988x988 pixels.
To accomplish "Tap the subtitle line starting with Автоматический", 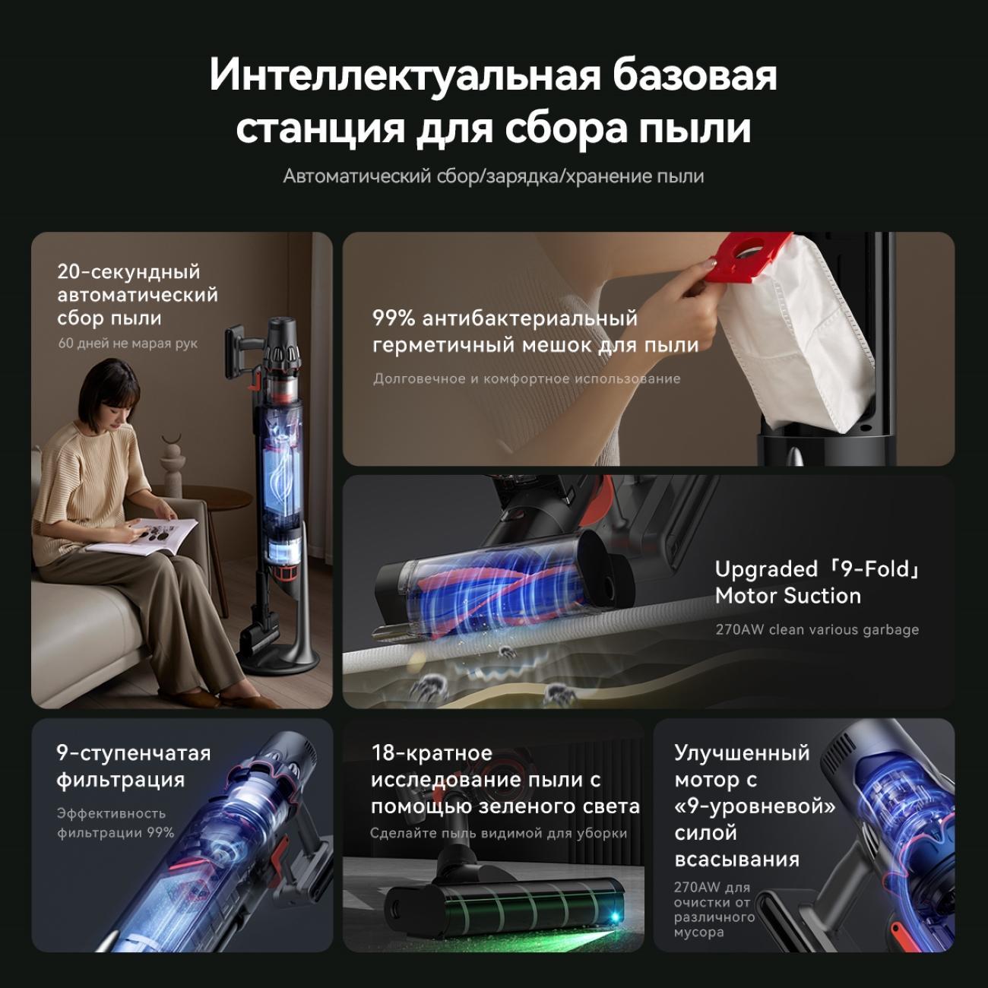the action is (493, 176).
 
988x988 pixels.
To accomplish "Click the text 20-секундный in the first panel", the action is (128, 272).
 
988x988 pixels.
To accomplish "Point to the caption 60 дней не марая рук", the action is (128, 344).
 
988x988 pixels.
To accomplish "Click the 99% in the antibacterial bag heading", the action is (393, 318).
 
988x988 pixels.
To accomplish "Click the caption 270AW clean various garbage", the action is (817, 629).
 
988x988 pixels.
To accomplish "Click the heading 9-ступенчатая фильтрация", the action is (133, 767).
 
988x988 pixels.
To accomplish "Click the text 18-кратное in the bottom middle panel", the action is (432, 753).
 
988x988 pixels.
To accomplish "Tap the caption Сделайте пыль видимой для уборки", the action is (499, 833).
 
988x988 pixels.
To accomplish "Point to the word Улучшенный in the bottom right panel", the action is (742, 753).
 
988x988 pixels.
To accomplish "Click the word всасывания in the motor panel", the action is (736, 860).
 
